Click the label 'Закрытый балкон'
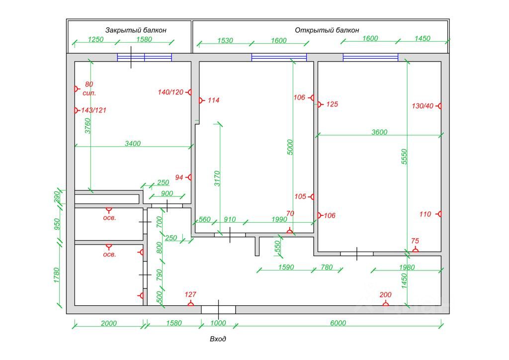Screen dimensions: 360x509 pyautogui.click(x=136, y=30)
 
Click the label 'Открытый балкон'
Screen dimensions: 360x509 pyautogui.click(x=327, y=30)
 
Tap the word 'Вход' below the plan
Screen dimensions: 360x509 pyautogui.click(x=218, y=339)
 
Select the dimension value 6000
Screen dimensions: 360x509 pyautogui.click(x=338, y=323)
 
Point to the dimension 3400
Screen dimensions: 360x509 pyautogui.click(x=133, y=144)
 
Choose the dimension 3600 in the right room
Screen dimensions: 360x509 pyautogui.click(x=379, y=132)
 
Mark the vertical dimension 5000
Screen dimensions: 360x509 pyautogui.click(x=291, y=147)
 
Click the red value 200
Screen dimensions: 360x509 pyautogui.click(x=385, y=295)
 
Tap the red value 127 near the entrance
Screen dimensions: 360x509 pyautogui.click(x=190, y=294)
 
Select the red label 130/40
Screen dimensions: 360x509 pyautogui.click(x=423, y=106)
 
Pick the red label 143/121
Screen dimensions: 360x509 pyautogui.click(x=94, y=110)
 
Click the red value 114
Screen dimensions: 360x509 pyautogui.click(x=213, y=100)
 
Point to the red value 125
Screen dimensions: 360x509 pyautogui.click(x=332, y=104)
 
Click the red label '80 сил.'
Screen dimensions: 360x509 pyautogui.click(x=89, y=89)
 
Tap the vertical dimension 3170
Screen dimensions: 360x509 pyautogui.click(x=217, y=178)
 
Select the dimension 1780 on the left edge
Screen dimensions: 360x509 pyautogui.click(x=57, y=275)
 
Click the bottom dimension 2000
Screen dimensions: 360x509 pyautogui.click(x=108, y=323)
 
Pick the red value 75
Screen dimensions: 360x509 pyautogui.click(x=416, y=241)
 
